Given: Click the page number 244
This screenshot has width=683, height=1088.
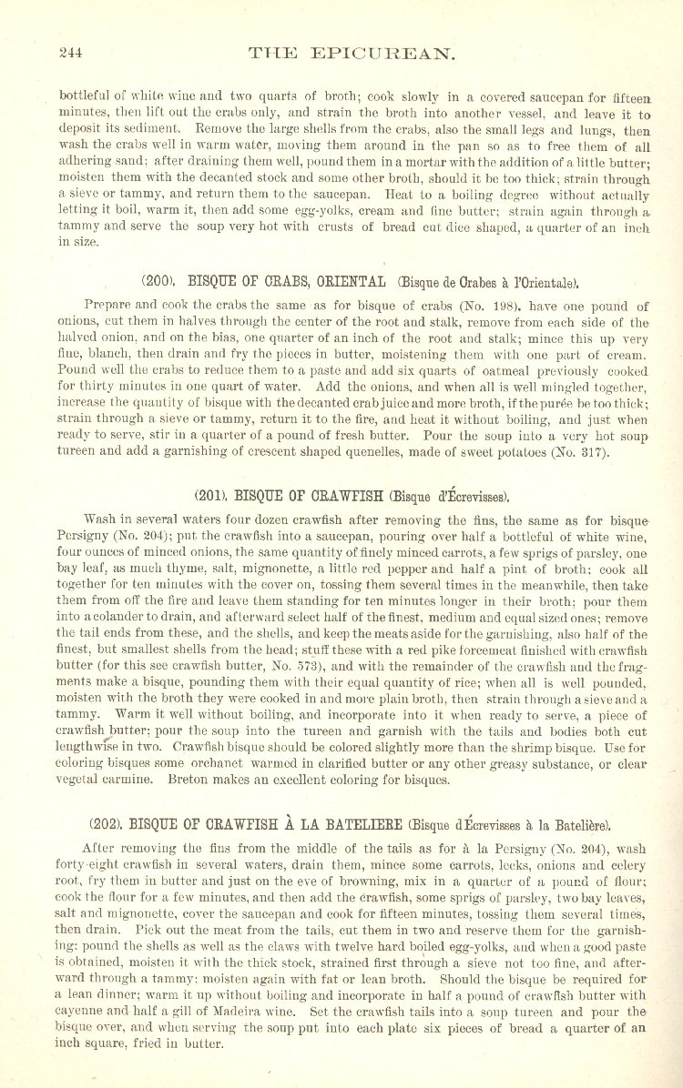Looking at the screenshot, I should pyautogui.click(x=70, y=53).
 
